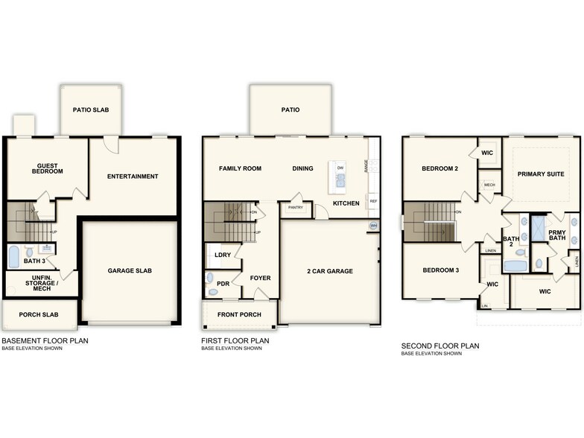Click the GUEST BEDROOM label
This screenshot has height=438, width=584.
pos(47,168)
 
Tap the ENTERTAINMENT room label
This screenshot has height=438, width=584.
pos(133,177)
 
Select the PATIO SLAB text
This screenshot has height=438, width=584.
pos(91,110)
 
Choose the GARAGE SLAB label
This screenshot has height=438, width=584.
pos(130,270)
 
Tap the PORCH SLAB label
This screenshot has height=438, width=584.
pos(38,314)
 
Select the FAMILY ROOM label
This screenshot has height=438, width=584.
pos(240,168)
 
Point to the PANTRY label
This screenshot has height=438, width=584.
pos(295,209)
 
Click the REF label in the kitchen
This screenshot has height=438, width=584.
pos(372,201)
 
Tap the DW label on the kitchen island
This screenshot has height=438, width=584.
pos(340,168)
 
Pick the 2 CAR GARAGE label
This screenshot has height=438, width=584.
pos(328,271)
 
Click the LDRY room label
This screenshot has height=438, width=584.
pos(222,255)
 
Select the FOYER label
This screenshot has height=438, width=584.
pos(260,278)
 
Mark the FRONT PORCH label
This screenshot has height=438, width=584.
pos(239,314)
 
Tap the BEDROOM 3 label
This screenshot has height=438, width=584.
pos(440,270)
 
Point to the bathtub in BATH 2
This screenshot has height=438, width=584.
pos(515,266)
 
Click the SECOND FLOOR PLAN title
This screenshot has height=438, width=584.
pos(439,346)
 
